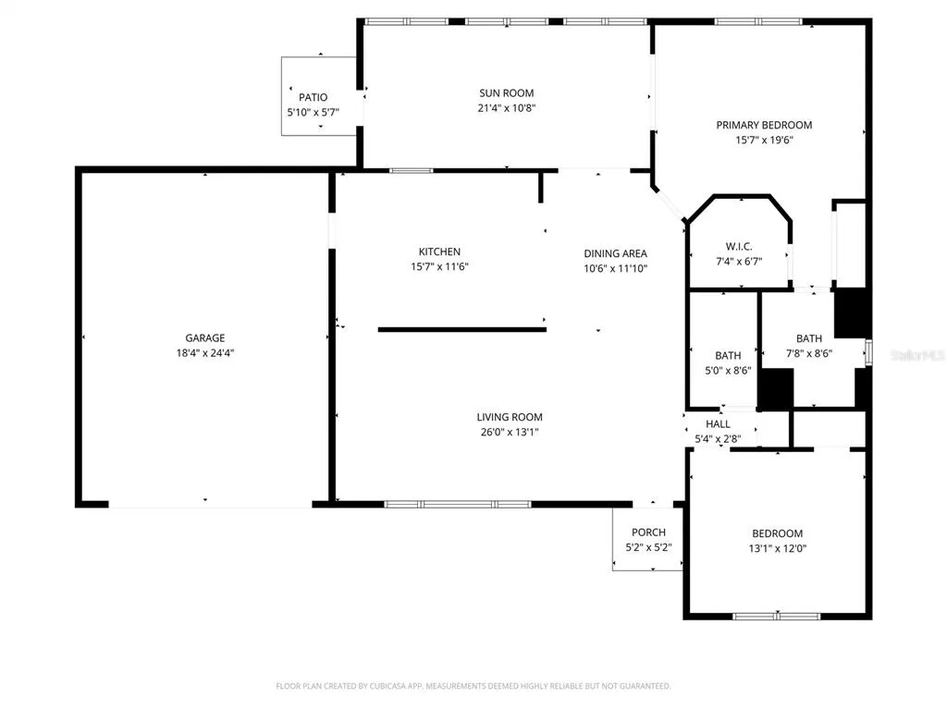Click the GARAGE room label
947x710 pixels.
[204, 338]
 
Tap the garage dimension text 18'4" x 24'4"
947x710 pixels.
[204, 353]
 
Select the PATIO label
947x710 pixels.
[313, 97]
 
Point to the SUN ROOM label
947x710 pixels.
[506, 93]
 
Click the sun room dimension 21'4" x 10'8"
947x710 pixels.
[506, 108]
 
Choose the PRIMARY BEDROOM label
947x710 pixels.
[764, 125]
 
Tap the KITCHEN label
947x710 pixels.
[439, 251]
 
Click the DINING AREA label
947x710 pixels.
[615, 253]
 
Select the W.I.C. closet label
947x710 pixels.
[739, 246]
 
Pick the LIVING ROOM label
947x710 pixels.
[510, 417]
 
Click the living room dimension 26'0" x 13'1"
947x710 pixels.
[510, 433]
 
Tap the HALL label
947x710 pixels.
[718, 424]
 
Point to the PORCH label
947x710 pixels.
[648, 532]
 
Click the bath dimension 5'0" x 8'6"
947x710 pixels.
[728, 371]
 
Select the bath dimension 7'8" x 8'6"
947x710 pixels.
[808, 354]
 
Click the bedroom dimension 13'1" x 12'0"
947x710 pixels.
[777, 549]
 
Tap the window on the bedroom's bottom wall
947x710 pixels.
[777, 617]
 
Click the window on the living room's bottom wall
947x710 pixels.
[458, 504]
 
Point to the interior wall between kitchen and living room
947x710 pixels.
[462, 330]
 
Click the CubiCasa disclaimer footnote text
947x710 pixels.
[473, 686]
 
